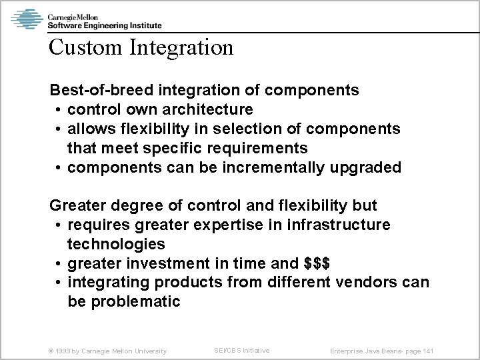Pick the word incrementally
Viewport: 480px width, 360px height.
(x=261, y=167)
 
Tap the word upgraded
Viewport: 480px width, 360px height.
(x=365, y=167)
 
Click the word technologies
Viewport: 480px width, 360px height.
(x=117, y=244)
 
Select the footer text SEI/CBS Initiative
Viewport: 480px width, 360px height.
(x=242, y=350)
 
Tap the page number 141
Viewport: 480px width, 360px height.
(x=437, y=351)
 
